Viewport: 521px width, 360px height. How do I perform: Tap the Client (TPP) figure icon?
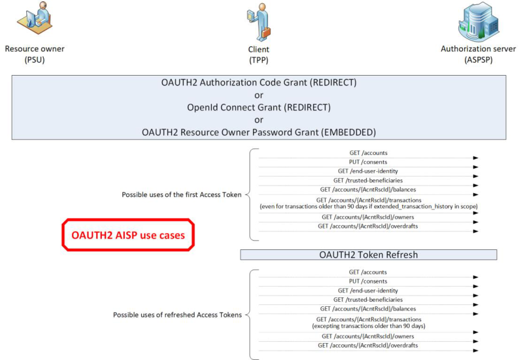(259, 22)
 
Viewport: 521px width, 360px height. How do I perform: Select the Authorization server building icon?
(479, 21)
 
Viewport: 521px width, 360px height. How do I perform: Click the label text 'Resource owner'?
(34, 49)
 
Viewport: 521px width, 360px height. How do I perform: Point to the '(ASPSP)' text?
(479, 60)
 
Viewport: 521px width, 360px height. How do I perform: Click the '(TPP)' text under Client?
(259, 60)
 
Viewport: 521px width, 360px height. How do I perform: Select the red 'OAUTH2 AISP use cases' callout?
(128, 234)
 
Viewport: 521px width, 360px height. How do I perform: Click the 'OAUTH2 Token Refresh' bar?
(369, 254)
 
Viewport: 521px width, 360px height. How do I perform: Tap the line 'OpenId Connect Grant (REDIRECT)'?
(259, 107)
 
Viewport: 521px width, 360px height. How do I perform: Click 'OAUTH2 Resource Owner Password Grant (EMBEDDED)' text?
(259, 132)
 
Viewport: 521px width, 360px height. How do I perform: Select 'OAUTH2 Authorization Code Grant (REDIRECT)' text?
(259, 82)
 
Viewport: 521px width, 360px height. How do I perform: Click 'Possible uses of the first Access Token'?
(181, 194)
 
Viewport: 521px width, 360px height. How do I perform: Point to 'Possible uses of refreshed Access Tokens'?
(177, 315)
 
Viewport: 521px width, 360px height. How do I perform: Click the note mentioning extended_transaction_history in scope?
(369, 206)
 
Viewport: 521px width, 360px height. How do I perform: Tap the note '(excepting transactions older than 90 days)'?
(369, 326)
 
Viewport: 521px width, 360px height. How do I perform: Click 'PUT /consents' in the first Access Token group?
(368, 162)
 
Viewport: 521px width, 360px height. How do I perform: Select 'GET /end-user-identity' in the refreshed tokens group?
(368, 291)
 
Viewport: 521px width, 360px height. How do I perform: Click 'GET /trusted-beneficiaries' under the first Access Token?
(368, 180)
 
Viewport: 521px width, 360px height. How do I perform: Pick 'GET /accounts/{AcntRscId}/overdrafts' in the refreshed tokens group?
(368, 346)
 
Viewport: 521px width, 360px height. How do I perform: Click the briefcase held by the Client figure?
(265, 32)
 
